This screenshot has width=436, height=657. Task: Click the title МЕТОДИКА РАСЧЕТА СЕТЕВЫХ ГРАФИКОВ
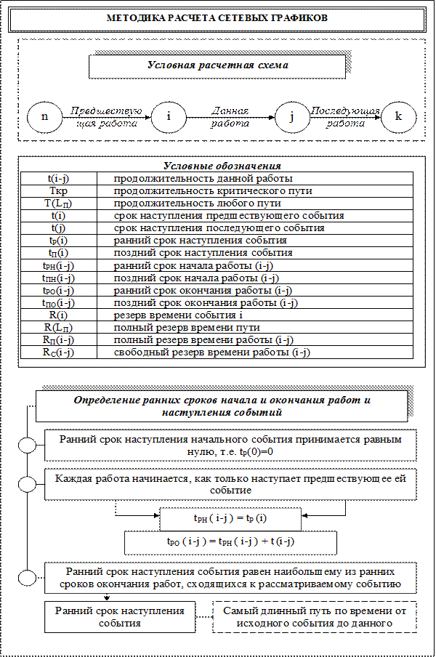coord(217,18)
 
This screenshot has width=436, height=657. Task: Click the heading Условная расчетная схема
coord(217,65)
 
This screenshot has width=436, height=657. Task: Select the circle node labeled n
coord(45,117)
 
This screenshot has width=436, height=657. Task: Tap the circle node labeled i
coord(169,117)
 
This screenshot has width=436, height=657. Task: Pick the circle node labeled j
coord(290,117)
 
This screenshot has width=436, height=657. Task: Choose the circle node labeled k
coord(398,117)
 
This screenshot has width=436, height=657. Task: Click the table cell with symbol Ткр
coord(59,190)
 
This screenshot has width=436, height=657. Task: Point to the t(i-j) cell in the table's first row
coord(59,178)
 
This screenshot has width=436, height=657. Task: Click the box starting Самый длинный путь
coord(315,617)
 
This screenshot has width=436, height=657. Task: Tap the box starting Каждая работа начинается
coord(230,483)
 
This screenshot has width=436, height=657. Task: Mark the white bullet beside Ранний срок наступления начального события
coord(27,446)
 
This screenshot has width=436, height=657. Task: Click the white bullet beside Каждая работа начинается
coord(27,484)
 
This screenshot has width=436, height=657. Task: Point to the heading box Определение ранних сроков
coord(222,406)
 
